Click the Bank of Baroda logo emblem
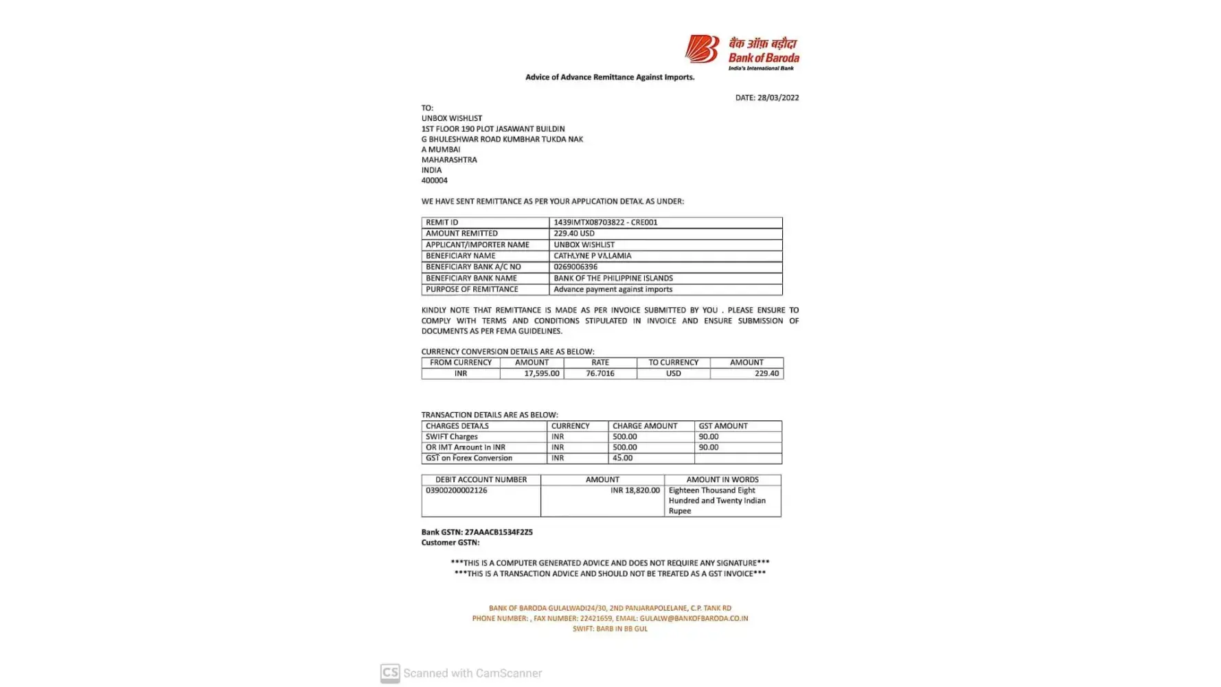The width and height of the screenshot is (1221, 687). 701,49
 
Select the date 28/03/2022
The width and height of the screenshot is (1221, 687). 778,98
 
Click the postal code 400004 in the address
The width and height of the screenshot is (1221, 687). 435,181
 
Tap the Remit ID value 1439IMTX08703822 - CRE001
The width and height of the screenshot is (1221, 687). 605,223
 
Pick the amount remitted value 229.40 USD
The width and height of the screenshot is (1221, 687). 574,234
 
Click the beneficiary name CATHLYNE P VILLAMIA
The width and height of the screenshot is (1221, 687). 592,256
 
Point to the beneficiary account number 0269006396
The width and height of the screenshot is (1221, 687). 575,267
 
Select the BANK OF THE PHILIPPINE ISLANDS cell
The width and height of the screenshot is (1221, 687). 613,278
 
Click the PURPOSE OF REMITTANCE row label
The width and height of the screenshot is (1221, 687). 472,289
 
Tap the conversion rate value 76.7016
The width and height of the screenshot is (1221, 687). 600,374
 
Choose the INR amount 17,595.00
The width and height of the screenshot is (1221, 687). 542,374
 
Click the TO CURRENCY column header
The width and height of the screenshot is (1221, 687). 673,363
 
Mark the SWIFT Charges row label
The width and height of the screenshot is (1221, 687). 451,437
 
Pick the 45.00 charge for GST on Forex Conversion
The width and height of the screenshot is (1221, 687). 623,458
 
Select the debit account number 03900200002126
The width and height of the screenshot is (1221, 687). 456,491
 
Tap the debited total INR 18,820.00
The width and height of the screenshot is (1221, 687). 635,491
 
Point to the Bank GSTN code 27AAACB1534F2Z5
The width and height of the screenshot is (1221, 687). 499,532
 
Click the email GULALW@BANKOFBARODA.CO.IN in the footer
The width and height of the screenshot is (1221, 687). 694,618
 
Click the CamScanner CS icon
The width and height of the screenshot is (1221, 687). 390,673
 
